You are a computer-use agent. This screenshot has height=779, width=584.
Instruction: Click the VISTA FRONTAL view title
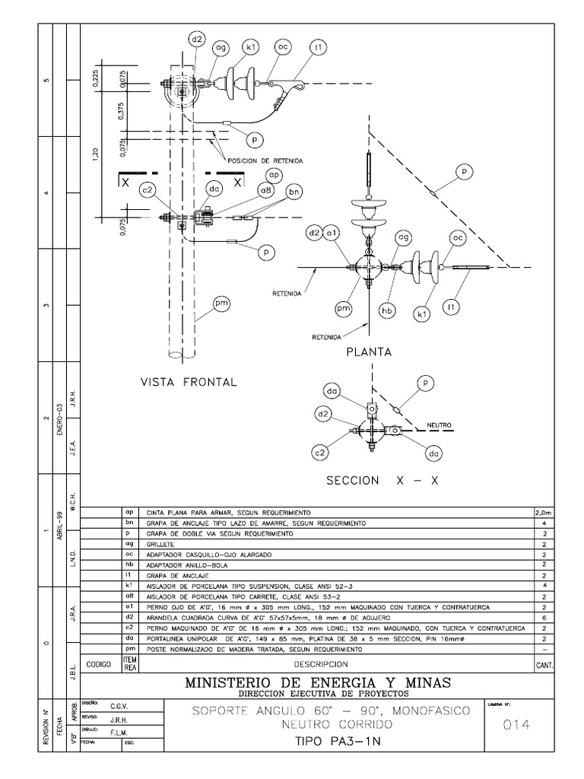point(189,382)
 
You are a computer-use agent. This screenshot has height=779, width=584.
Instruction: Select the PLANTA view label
point(369,352)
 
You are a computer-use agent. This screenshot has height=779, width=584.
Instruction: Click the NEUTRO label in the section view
point(440,425)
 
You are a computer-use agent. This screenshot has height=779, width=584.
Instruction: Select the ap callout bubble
point(274,176)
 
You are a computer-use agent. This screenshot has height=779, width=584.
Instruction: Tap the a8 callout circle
point(265,191)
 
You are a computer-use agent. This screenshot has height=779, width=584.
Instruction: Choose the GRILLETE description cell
point(164,545)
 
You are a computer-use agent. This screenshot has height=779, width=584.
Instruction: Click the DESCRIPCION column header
point(336,663)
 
